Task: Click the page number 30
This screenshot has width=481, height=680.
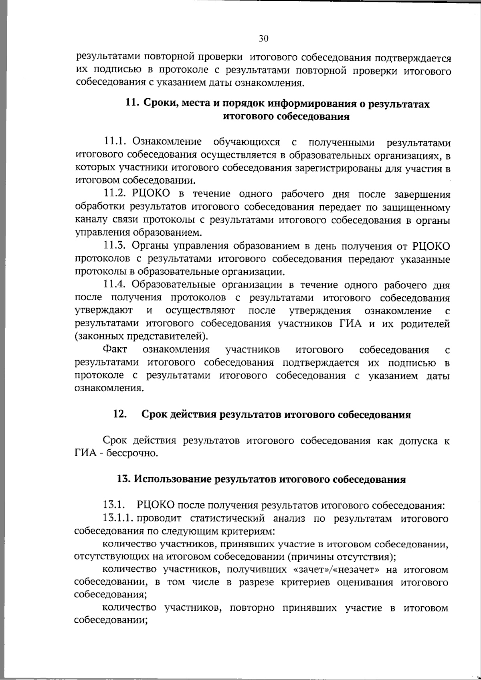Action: click(263, 38)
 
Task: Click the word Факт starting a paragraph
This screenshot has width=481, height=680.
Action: click(115, 350)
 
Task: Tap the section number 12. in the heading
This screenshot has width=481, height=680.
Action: click(120, 415)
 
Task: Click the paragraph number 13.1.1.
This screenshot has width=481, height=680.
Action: click(118, 518)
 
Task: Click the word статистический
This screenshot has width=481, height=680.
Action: click(227, 518)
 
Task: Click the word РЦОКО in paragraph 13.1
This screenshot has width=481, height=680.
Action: click(155, 505)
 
